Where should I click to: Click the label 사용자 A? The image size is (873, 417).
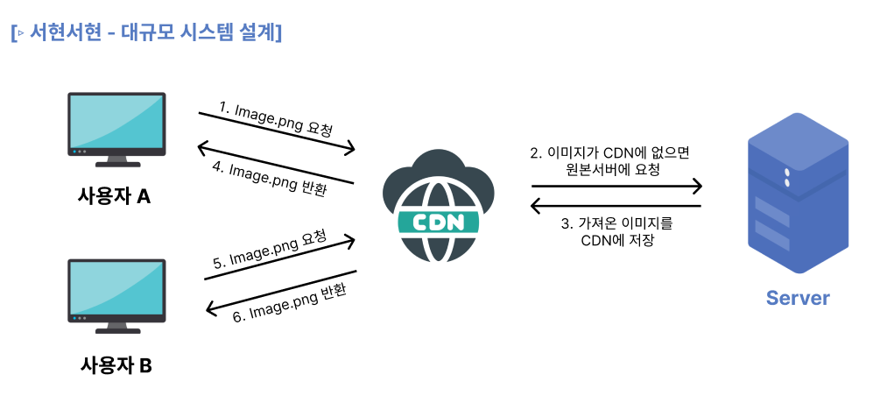click(x=115, y=196)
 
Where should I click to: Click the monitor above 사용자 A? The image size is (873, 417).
click(x=117, y=128)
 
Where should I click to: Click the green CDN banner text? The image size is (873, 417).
click(x=438, y=222)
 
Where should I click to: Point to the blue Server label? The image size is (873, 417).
click(x=797, y=298)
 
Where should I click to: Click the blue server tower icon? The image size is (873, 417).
click(x=797, y=195)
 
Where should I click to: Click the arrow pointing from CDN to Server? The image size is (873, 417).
click(x=616, y=186)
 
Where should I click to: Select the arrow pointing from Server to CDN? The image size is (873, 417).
click(x=616, y=207)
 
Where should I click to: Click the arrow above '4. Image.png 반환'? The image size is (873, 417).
click(x=275, y=163)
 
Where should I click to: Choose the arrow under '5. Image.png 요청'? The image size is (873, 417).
click(x=280, y=258)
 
